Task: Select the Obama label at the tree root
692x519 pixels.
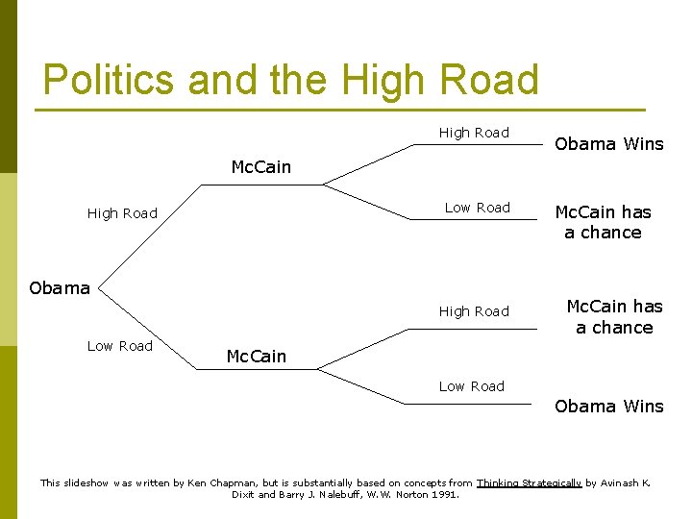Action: click(x=60, y=287)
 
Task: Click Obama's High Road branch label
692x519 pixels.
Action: click(x=122, y=213)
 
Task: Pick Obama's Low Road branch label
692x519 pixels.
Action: click(x=120, y=346)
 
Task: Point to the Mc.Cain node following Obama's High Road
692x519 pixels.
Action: click(x=260, y=167)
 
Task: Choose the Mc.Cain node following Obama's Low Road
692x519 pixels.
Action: click(x=256, y=357)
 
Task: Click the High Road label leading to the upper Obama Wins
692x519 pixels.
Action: click(x=474, y=133)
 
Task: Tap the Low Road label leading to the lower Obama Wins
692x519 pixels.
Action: click(x=471, y=386)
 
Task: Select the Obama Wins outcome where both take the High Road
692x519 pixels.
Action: click(x=609, y=144)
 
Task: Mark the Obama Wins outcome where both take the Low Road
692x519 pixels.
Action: click(x=609, y=406)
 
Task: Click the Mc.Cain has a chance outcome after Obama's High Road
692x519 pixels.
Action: click(x=603, y=222)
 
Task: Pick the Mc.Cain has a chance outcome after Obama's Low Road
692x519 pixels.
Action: click(x=614, y=316)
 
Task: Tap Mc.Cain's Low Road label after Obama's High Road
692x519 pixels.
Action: click(x=478, y=208)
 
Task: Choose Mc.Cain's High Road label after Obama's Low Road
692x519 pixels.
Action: click(x=474, y=311)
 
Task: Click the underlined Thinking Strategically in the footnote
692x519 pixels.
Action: click(x=529, y=482)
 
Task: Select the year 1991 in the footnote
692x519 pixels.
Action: click(x=445, y=495)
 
